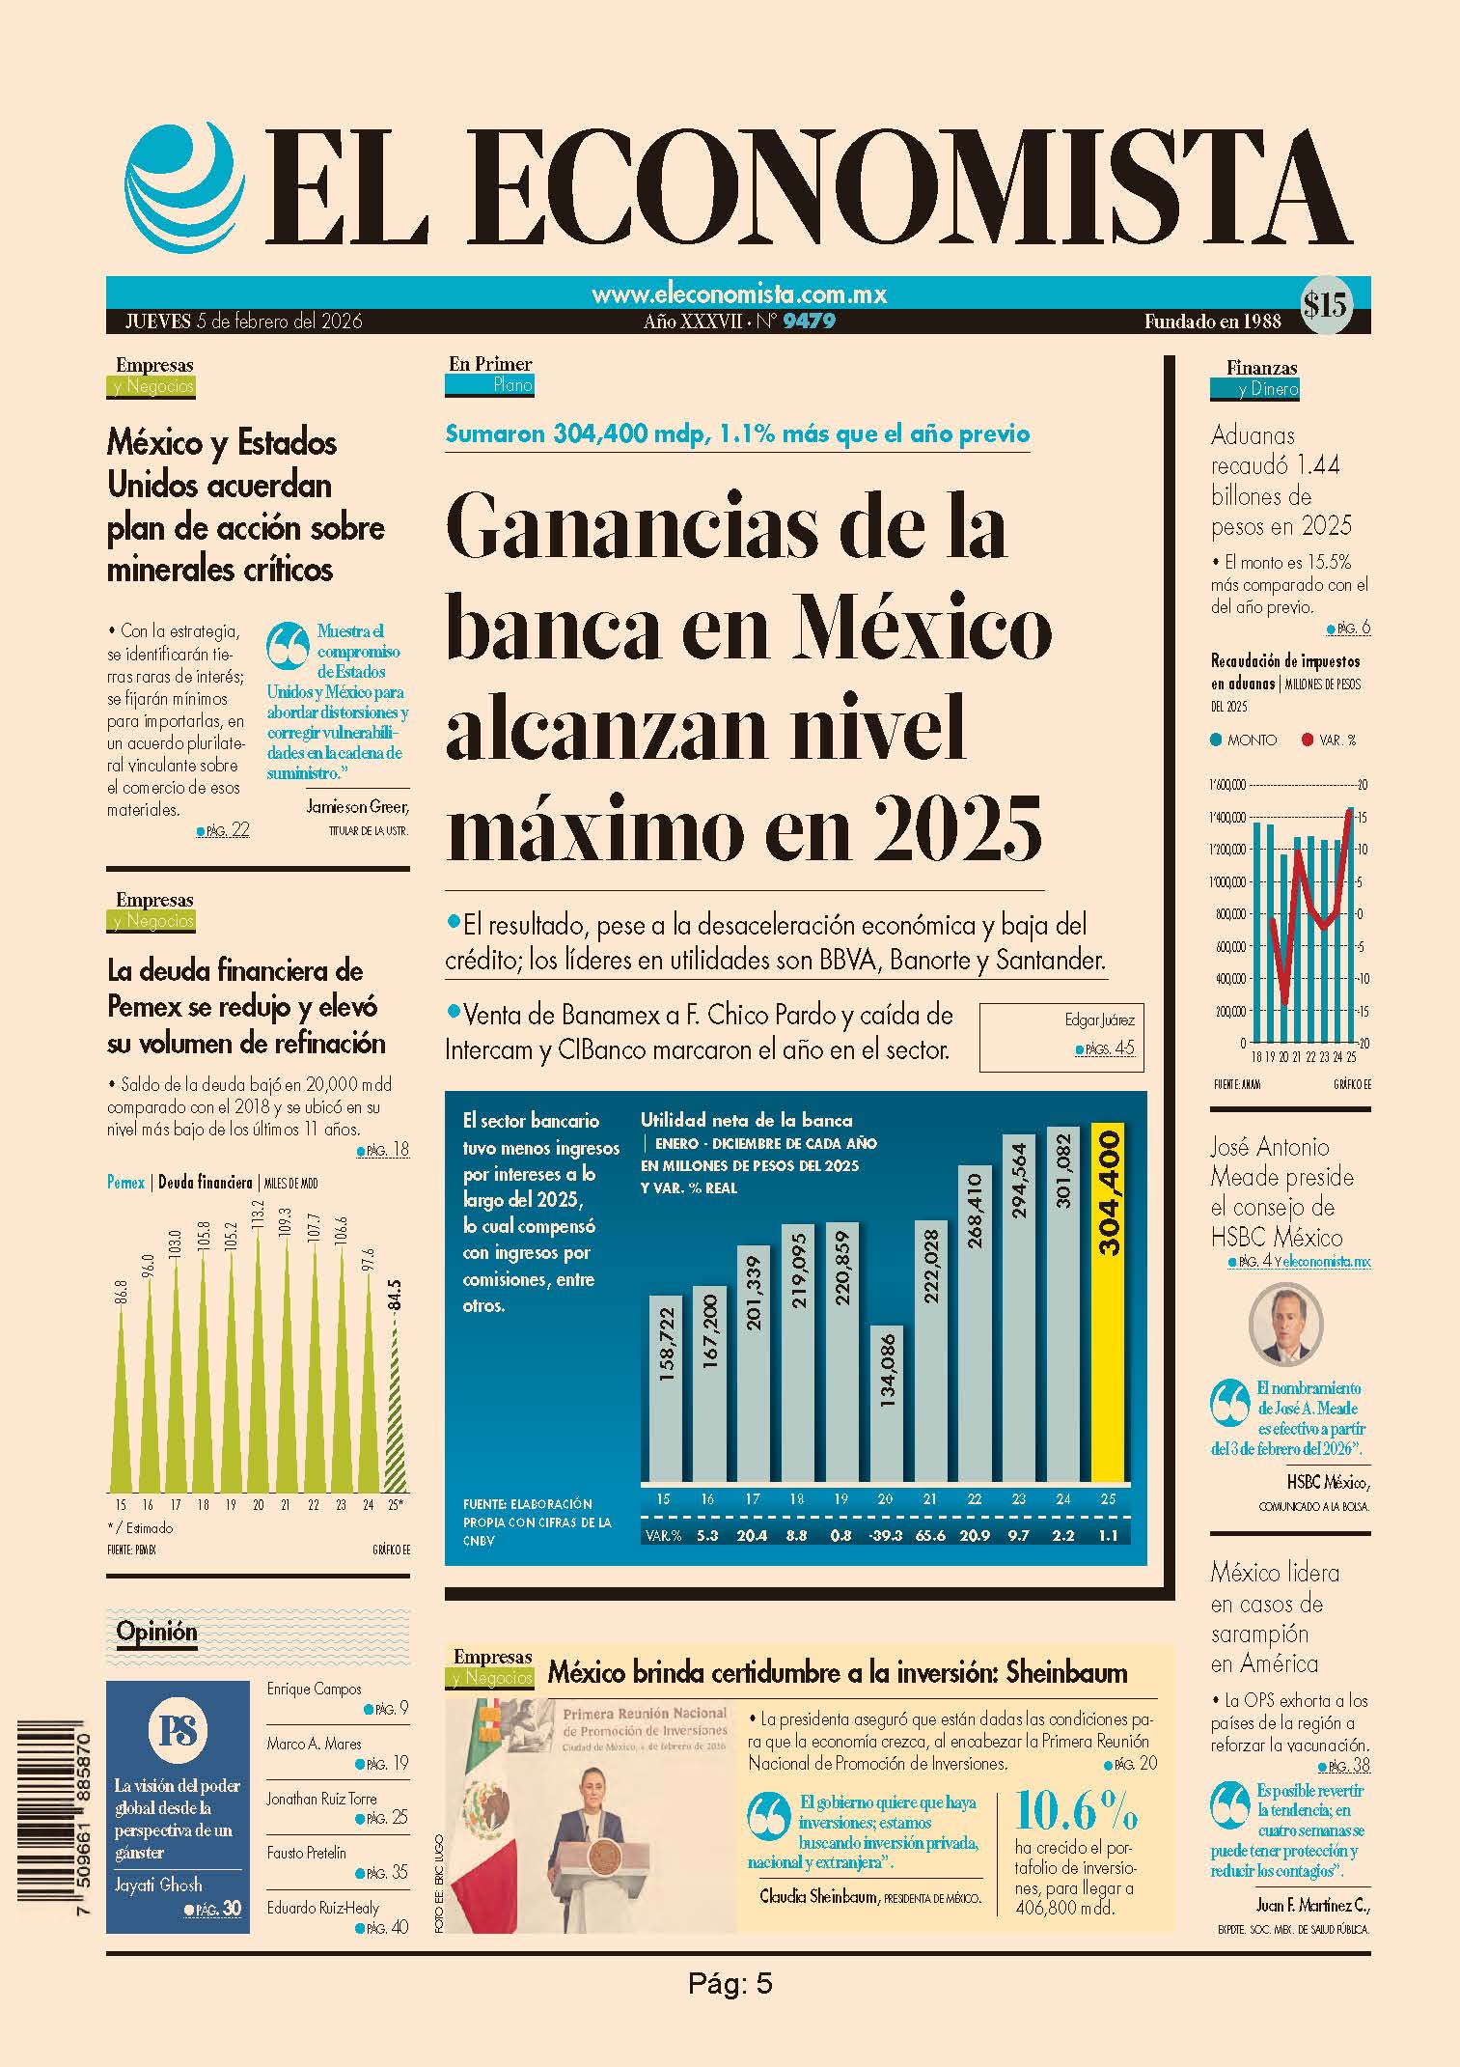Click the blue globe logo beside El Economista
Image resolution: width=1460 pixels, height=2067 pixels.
tap(181, 189)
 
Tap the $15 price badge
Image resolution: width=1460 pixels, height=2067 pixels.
tap(1325, 305)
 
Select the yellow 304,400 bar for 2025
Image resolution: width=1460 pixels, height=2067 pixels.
tap(1108, 1301)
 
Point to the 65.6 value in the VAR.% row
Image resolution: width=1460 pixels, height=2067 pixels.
tap(930, 1535)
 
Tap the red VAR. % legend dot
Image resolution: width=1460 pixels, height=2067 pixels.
tap(1307, 740)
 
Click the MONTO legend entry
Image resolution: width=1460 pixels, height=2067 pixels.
tap(1244, 740)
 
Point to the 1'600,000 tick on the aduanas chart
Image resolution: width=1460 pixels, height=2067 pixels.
tap(1229, 784)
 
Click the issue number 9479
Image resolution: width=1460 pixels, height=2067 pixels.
tap(809, 321)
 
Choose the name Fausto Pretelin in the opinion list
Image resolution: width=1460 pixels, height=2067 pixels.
tap(306, 1853)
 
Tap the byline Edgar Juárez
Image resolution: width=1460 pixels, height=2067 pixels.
tap(1099, 1019)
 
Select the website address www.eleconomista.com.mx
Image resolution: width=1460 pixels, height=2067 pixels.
tap(738, 293)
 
